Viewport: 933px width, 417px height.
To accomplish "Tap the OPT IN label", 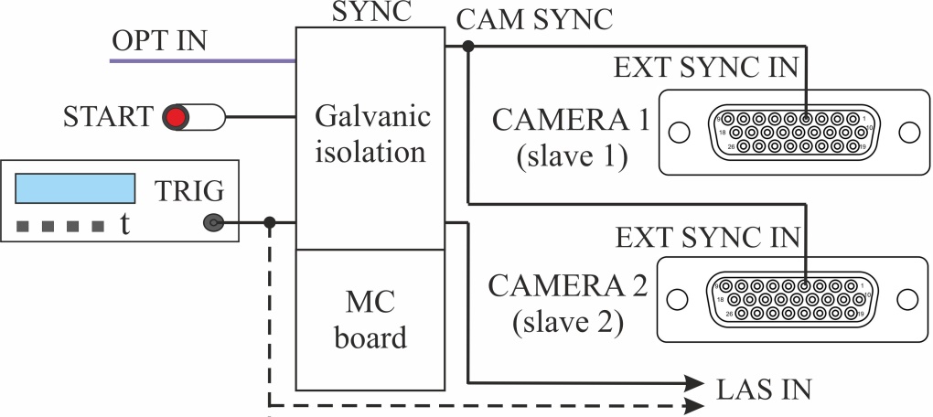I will click(159, 40).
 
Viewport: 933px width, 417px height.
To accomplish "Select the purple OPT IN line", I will click(201, 61).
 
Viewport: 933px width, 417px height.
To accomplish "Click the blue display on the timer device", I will click(75, 188).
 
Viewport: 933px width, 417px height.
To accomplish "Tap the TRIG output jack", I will click(213, 222).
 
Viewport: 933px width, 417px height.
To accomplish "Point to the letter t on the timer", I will click(123, 224).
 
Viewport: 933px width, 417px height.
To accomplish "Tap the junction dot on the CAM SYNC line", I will click(468, 46).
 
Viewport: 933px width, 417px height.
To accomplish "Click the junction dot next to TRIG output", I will click(269, 222).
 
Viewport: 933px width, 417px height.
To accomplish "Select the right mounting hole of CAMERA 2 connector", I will click(908, 299).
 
